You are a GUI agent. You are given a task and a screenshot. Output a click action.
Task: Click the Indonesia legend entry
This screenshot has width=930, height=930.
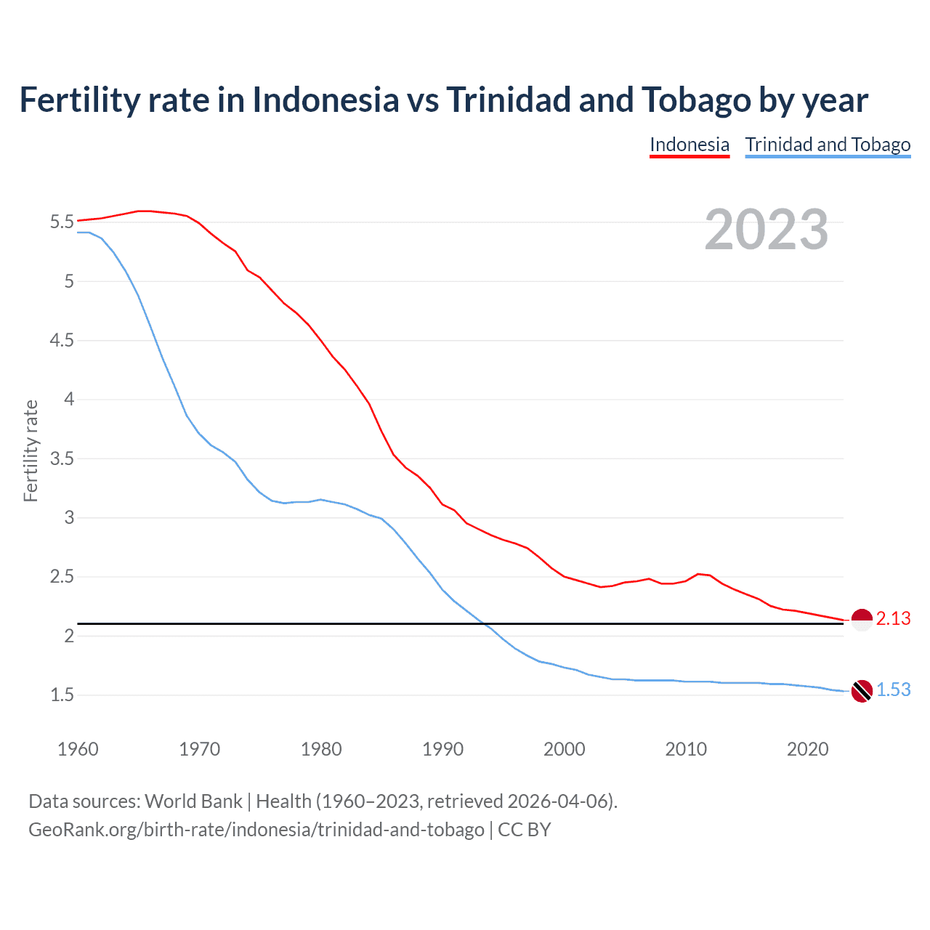point(689,145)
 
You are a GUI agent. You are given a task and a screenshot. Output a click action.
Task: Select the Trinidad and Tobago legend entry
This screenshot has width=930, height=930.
point(828,145)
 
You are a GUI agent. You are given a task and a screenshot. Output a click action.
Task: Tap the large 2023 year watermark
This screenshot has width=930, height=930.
point(766,230)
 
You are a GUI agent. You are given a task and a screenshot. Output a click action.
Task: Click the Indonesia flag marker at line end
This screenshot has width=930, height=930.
point(861,620)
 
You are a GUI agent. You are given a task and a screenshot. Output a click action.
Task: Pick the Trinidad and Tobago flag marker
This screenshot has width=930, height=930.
point(861,691)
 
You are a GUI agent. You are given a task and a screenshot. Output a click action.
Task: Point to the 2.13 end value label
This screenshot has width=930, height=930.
point(893,618)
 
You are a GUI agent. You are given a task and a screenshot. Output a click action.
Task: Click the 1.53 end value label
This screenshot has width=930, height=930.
point(893,690)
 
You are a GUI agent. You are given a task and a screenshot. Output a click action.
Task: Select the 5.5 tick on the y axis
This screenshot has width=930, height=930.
point(62,222)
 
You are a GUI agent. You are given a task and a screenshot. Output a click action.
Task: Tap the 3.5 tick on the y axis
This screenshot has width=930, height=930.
point(62,458)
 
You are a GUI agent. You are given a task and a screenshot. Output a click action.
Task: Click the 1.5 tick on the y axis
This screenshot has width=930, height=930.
point(62,695)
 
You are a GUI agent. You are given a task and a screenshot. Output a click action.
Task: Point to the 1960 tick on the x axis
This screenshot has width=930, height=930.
point(78,749)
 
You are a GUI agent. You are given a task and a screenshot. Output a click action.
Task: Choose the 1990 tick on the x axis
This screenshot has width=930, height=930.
point(442,749)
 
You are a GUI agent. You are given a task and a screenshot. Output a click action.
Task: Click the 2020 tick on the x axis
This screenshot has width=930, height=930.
point(807,749)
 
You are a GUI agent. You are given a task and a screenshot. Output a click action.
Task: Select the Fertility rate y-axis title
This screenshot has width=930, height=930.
point(31,450)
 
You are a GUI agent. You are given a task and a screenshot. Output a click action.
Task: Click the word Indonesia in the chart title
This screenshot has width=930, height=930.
point(325,100)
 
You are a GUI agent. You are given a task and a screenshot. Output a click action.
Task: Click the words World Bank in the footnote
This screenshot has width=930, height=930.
point(193,801)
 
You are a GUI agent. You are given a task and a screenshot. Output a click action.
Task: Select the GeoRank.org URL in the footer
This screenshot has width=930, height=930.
point(256,830)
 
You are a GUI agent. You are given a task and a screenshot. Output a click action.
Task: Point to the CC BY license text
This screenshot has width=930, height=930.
point(524,830)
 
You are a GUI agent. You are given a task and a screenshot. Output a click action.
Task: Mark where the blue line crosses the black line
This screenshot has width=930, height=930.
point(485,623)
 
